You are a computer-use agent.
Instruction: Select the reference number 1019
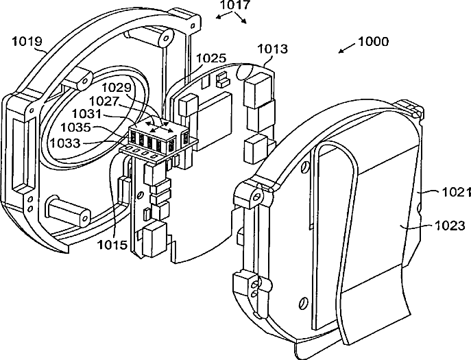click(x=28, y=42)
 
